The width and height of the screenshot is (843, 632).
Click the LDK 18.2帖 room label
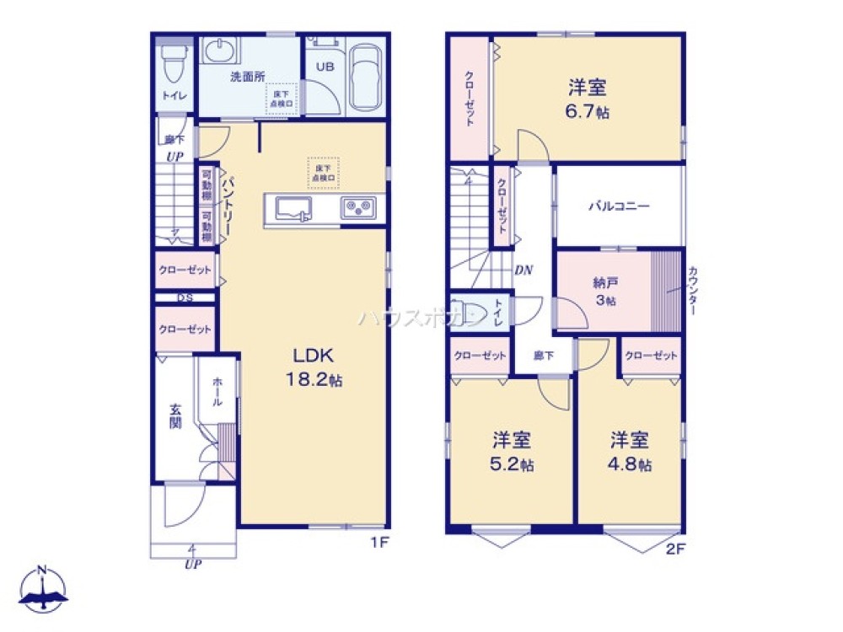(311, 366)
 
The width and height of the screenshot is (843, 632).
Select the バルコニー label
(619, 206)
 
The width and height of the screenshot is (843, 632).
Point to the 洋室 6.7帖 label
(588, 98)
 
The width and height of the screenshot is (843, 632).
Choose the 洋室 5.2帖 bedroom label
(512, 451)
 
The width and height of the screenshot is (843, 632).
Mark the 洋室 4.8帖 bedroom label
(630, 451)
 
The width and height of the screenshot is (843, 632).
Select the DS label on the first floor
(184, 298)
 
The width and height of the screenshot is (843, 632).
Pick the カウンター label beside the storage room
(693, 290)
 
